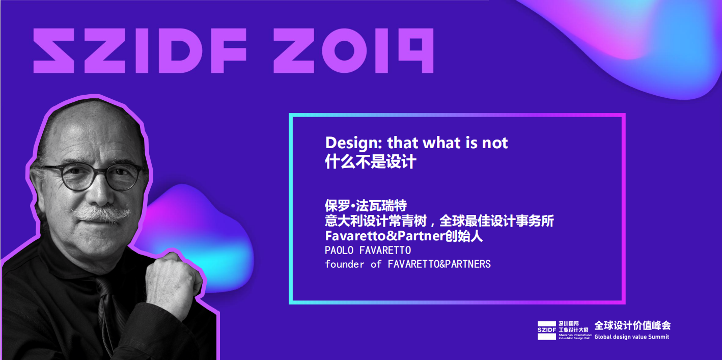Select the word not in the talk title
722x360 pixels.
(495, 143)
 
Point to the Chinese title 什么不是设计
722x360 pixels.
(370, 161)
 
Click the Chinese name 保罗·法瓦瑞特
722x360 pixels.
(366, 205)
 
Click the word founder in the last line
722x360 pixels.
(345, 264)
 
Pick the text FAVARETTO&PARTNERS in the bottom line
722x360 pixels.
(439, 264)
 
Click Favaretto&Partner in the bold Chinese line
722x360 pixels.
(385, 236)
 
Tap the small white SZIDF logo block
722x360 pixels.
(547, 330)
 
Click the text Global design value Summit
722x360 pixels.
(632, 337)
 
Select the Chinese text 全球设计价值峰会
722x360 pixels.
(632, 325)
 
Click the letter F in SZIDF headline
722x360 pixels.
(228, 50)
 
